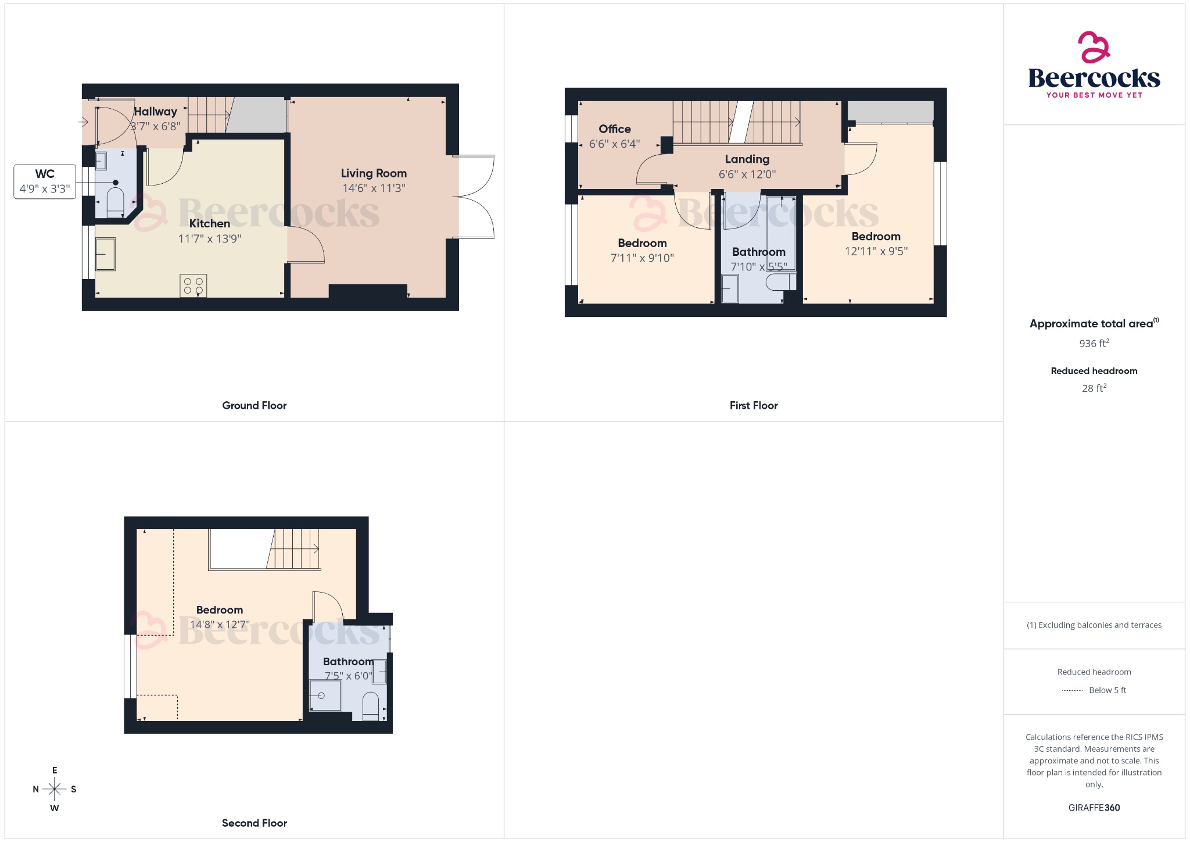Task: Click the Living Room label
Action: coord(374,173)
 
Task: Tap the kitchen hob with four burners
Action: coord(193,286)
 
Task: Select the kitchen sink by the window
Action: coord(105,254)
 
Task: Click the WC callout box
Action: coord(45,181)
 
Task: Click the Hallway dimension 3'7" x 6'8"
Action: coord(156,126)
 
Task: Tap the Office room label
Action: coord(615,129)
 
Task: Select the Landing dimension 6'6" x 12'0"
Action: coord(747,174)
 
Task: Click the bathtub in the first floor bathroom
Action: coord(781,233)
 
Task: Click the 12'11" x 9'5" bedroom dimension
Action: coord(876,251)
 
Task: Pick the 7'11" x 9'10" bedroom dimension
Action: coord(642,258)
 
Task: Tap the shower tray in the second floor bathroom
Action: coord(324,695)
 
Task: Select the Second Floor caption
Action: coord(255,823)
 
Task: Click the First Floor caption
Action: coord(754,405)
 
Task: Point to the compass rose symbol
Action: coord(55,789)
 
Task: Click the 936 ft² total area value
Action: coord(1094,344)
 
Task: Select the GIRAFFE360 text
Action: coord(1094,808)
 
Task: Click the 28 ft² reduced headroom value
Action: coord(1094,388)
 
